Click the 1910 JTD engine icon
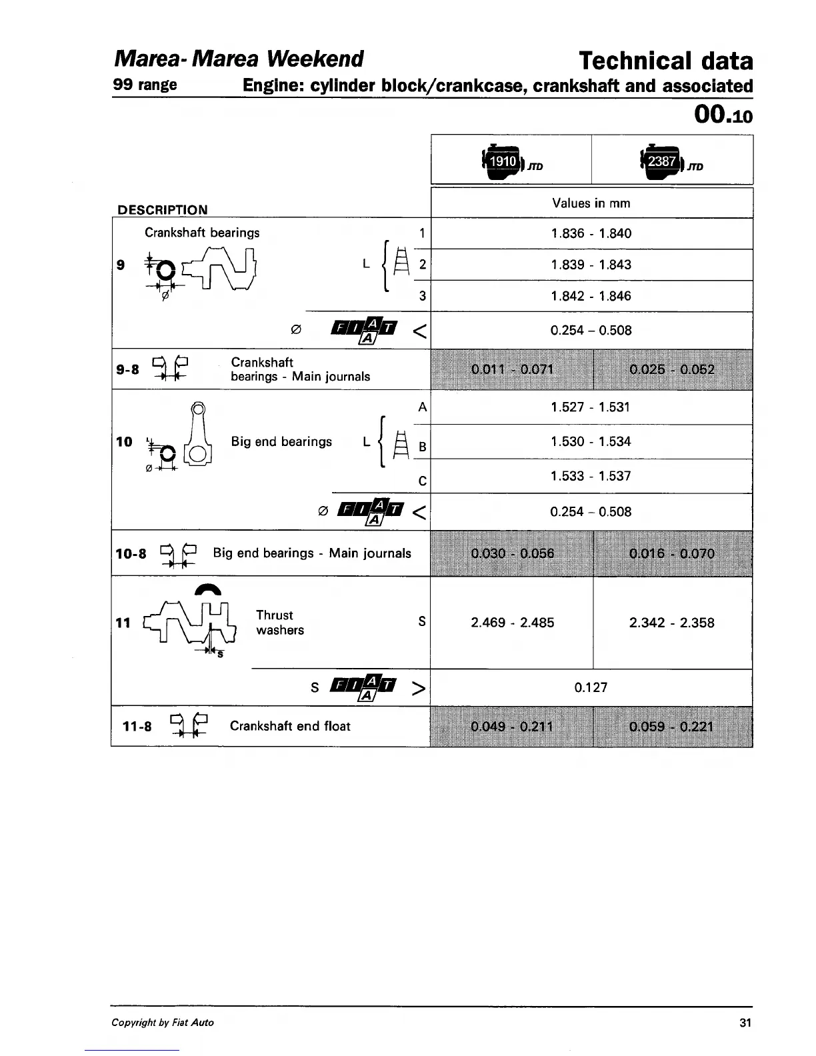coord(504,162)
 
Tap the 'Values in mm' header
coord(591,203)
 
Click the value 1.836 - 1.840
coord(591,233)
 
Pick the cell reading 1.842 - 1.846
coord(591,296)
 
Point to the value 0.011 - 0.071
coord(512,369)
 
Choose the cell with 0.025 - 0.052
coord(671,369)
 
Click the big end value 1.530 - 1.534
coord(591,441)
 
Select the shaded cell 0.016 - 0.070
coord(671,553)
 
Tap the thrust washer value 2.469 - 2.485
coord(512,623)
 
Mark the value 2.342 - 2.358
coord(671,623)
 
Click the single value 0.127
coord(591,687)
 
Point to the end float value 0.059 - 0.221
coord(671,726)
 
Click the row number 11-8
coord(137,726)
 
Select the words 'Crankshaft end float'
coord(290,726)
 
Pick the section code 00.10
coord(723,115)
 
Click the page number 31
coord(745,1023)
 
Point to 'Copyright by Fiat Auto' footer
coord(163,1023)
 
